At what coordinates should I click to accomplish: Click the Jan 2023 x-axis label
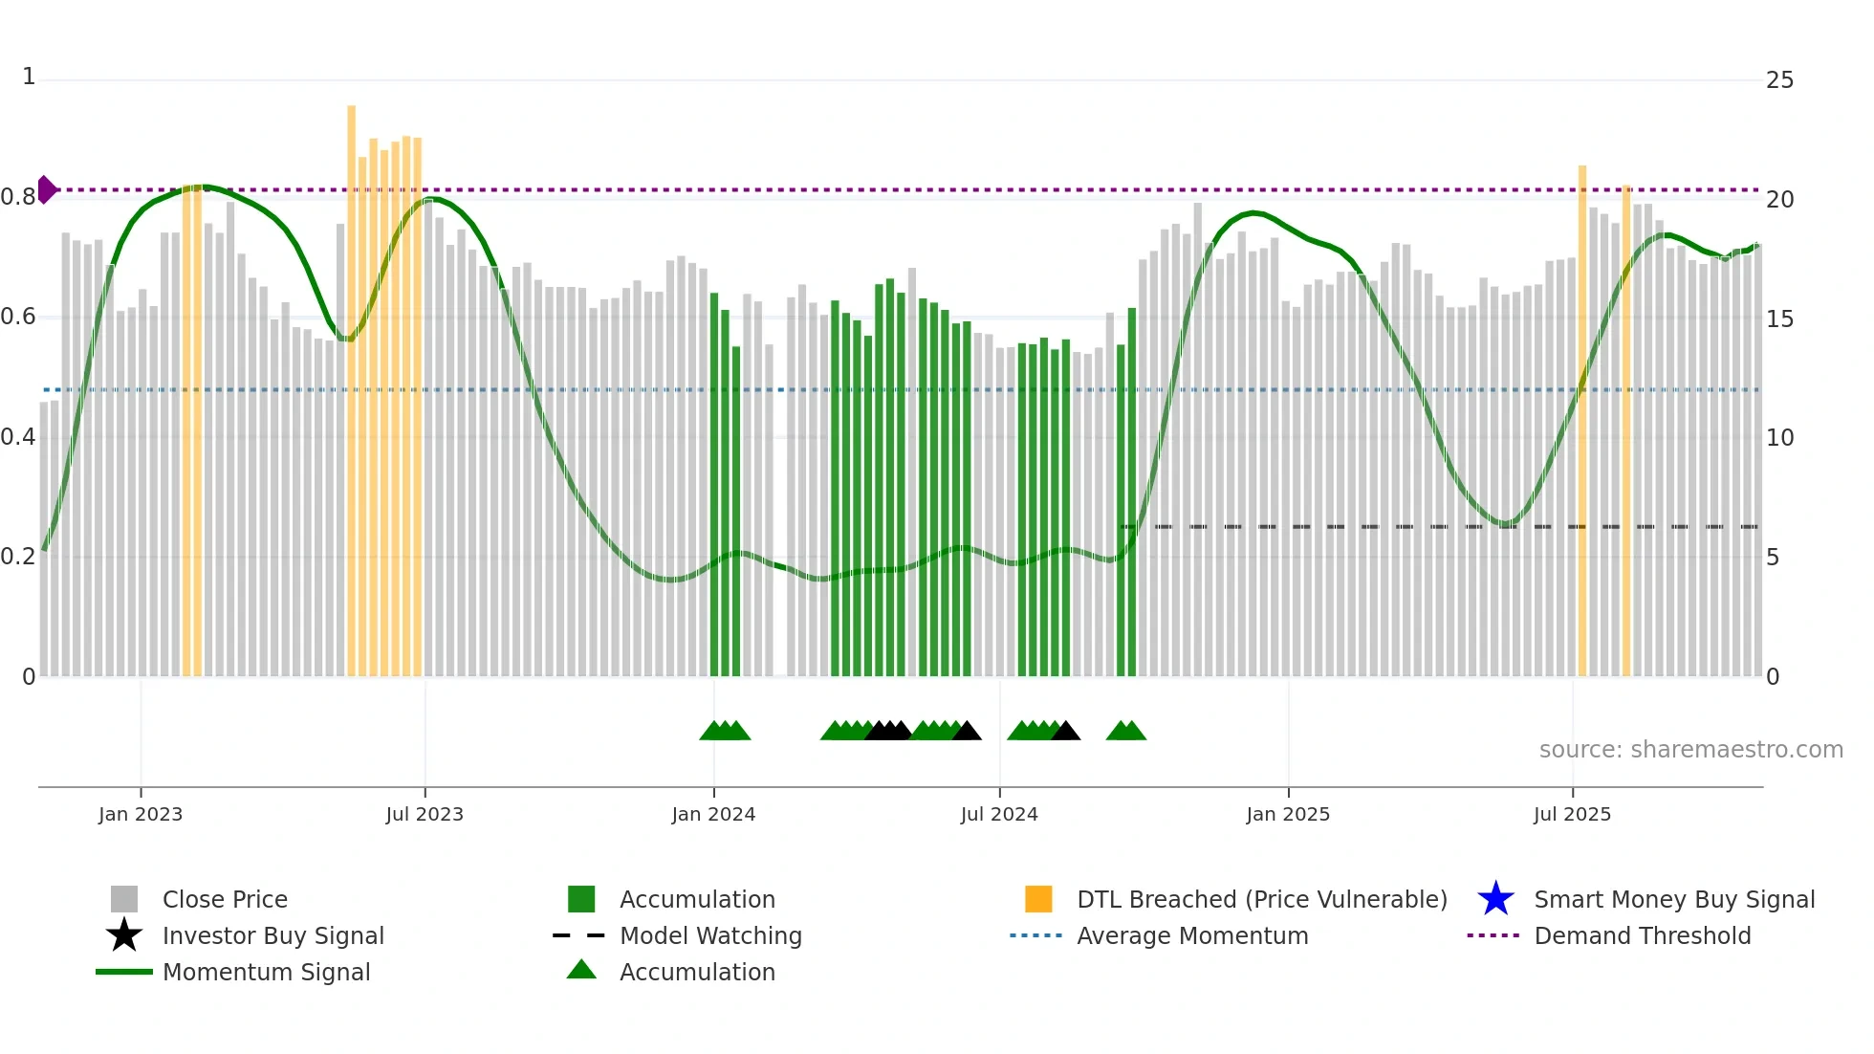140,814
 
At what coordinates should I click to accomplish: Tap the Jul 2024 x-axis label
998,814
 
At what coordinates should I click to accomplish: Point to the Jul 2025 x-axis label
1572,814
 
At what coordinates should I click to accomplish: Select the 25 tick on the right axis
1779,80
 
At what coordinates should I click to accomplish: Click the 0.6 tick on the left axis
18,317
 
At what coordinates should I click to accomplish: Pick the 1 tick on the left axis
29,77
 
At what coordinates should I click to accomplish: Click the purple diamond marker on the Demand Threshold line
46,189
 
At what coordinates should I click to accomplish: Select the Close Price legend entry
225,899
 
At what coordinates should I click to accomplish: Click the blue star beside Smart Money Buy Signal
1495,899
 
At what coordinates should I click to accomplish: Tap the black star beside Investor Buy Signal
124,935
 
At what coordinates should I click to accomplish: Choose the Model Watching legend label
710,935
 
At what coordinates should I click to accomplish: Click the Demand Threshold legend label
1642,935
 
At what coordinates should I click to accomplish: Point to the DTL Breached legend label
1261,899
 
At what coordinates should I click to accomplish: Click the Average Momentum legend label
1192,935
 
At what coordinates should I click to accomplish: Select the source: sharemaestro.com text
1690,750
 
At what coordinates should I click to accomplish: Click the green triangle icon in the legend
581,970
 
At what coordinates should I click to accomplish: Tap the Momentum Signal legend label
266,972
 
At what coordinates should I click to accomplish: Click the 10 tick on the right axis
1779,438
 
